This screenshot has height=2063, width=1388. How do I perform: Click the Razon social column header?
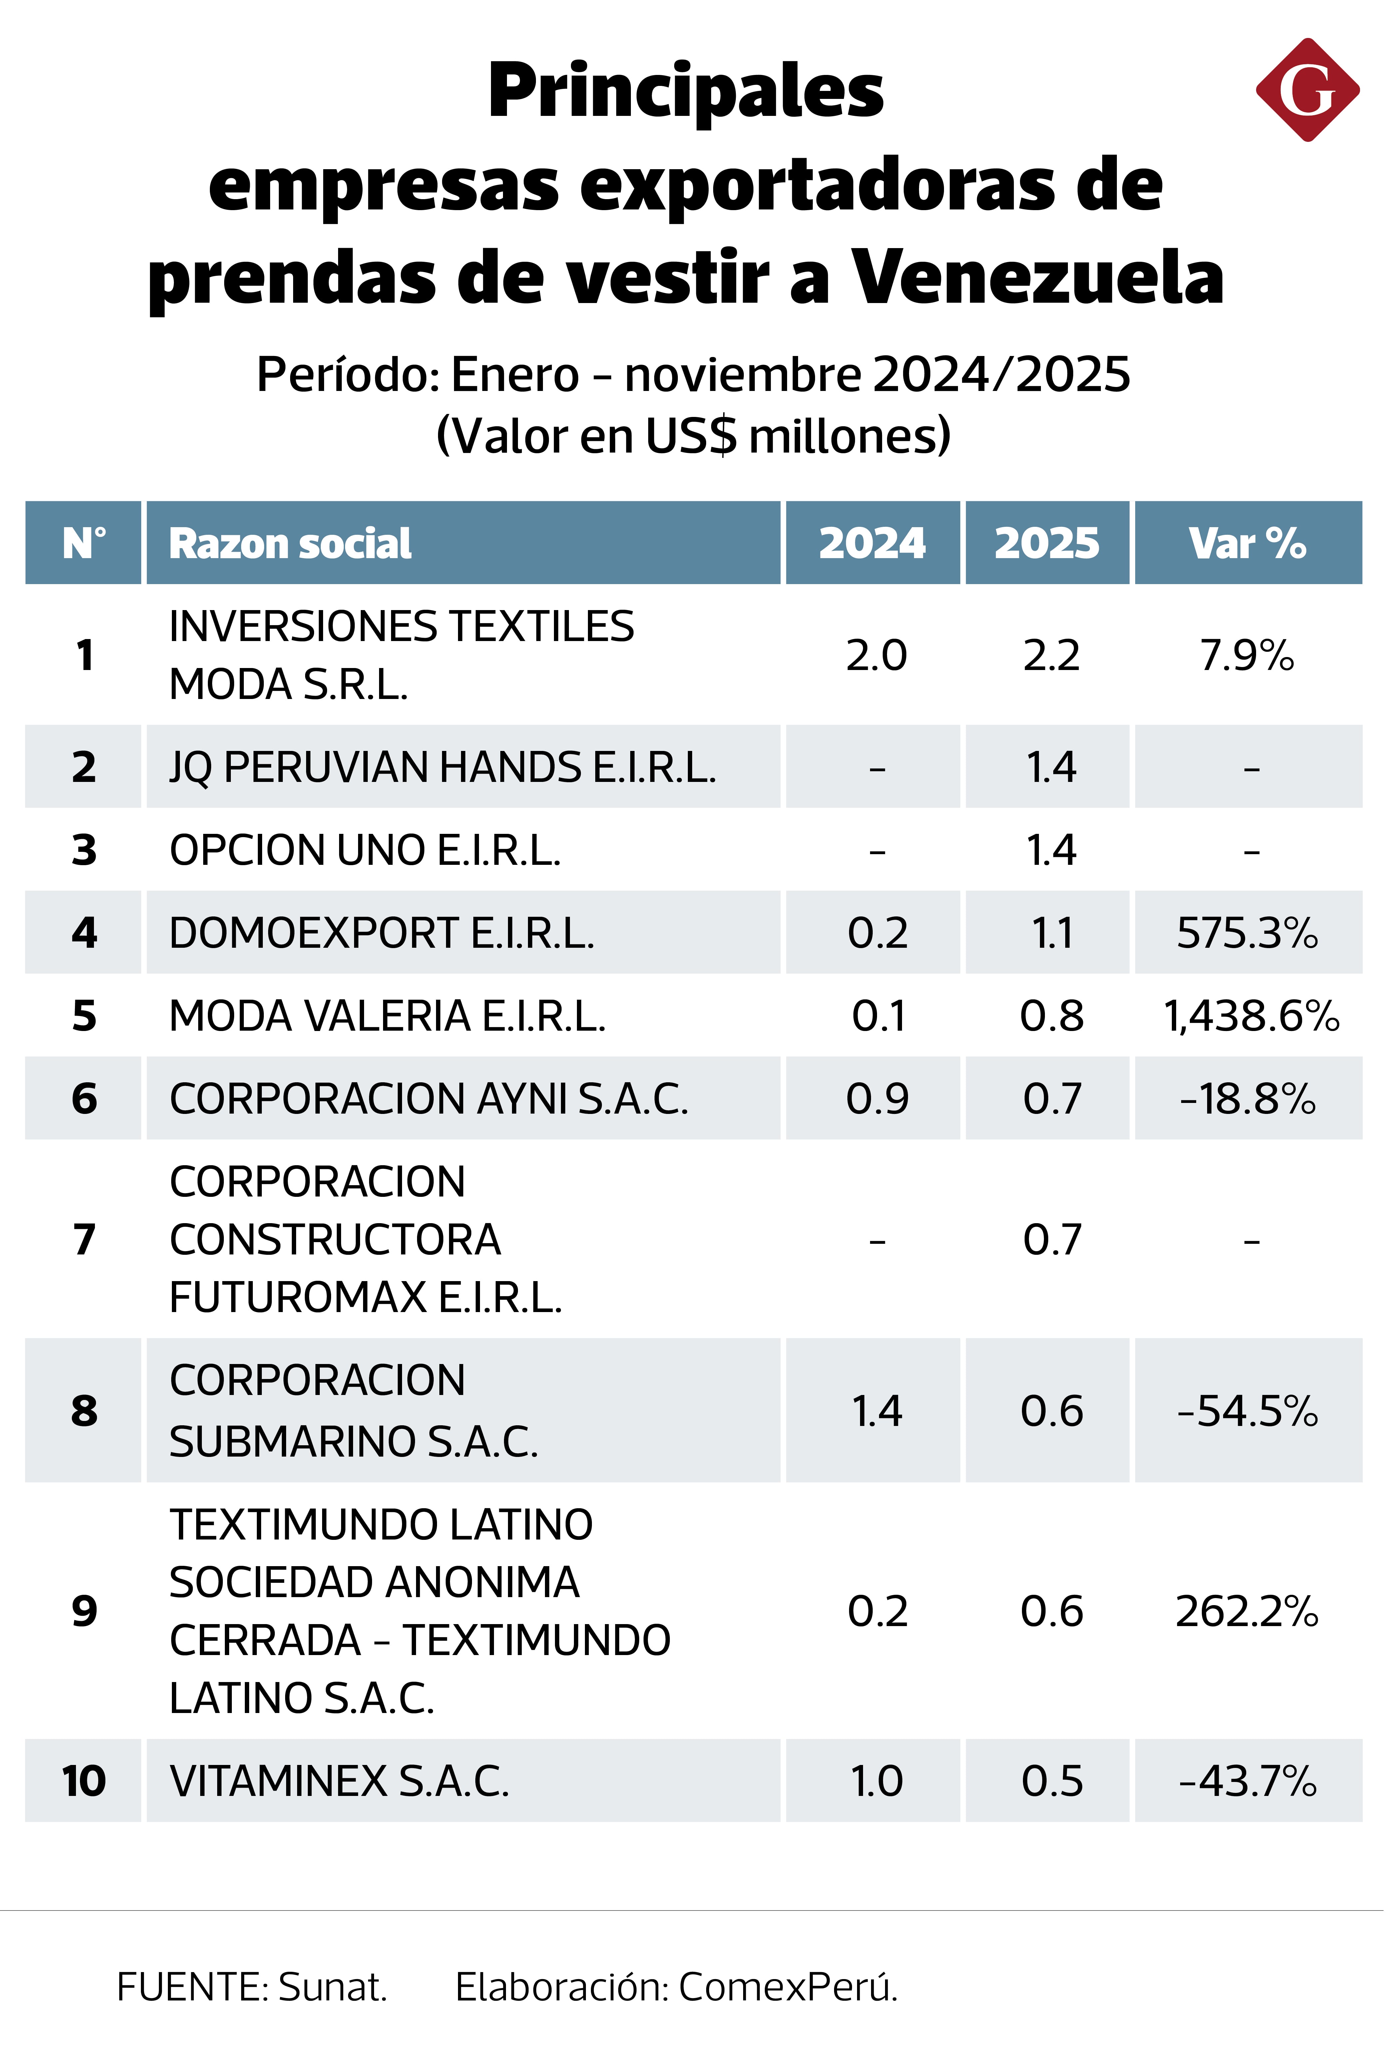(290, 543)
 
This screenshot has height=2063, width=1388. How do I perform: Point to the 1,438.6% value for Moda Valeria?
(1251, 1016)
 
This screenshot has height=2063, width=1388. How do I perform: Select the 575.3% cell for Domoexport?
(1247, 933)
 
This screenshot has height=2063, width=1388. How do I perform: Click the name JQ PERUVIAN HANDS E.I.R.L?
(443, 767)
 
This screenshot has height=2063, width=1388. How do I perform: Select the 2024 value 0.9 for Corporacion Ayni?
(877, 1099)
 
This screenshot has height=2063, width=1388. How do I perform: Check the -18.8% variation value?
(1247, 1099)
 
